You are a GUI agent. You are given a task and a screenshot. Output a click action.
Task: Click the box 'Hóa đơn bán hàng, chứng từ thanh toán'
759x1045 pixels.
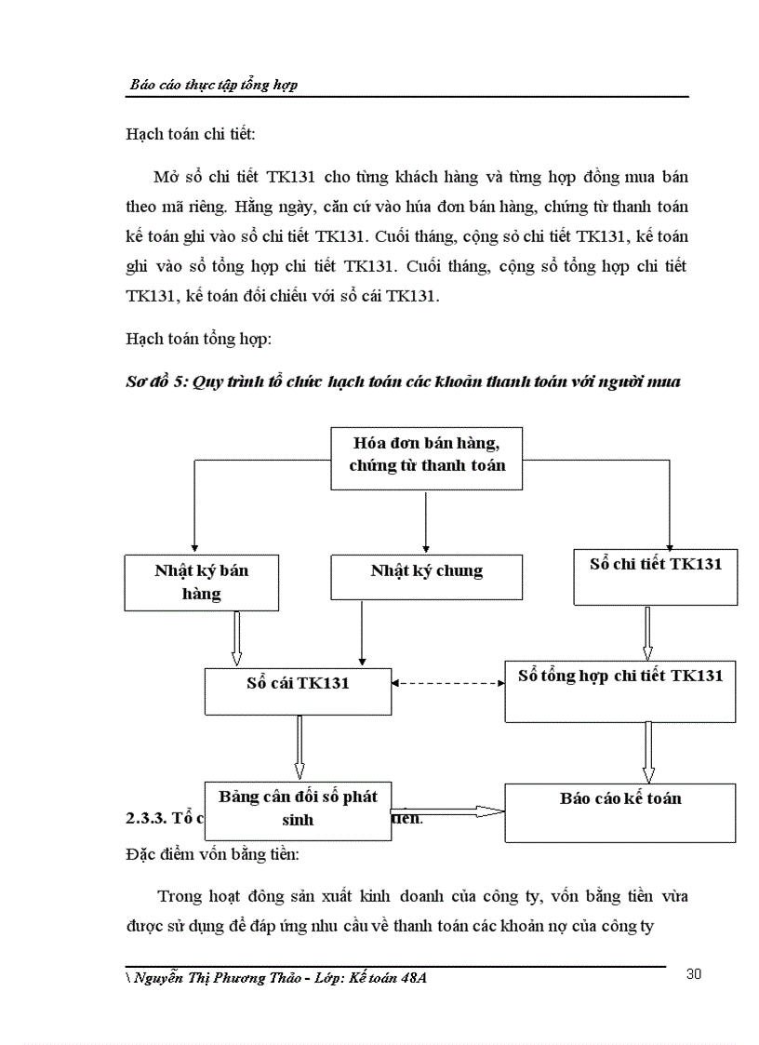[x=426, y=457]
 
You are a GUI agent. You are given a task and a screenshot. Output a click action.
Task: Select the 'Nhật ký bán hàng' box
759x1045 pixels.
[x=201, y=582]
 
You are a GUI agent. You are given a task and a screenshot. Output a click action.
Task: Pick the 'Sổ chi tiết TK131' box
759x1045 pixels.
[x=656, y=576]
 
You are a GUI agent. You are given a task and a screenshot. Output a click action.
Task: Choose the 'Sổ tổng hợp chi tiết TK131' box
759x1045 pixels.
[x=619, y=690]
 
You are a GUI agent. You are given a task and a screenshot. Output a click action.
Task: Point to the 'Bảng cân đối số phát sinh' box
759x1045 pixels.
[x=298, y=806]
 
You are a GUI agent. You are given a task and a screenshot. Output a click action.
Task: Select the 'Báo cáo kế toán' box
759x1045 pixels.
[x=619, y=811]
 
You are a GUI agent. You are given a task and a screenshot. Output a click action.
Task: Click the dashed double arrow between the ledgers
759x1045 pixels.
[x=448, y=684]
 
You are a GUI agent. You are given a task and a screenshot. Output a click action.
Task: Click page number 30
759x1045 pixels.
[x=693, y=974]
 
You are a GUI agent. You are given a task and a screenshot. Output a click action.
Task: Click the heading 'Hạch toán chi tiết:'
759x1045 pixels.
[x=190, y=134]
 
